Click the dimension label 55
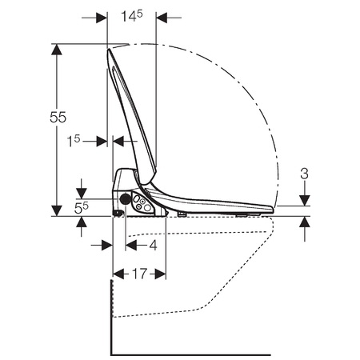(x=58, y=117)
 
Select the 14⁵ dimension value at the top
(x=132, y=16)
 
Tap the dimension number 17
(x=139, y=274)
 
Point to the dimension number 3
(x=304, y=174)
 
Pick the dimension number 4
(x=153, y=245)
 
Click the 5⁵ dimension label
(x=82, y=208)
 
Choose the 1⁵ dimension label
(x=74, y=141)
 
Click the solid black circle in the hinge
(x=125, y=198)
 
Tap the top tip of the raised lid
(x=109, y=49)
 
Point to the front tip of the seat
(x=273, y=210)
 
